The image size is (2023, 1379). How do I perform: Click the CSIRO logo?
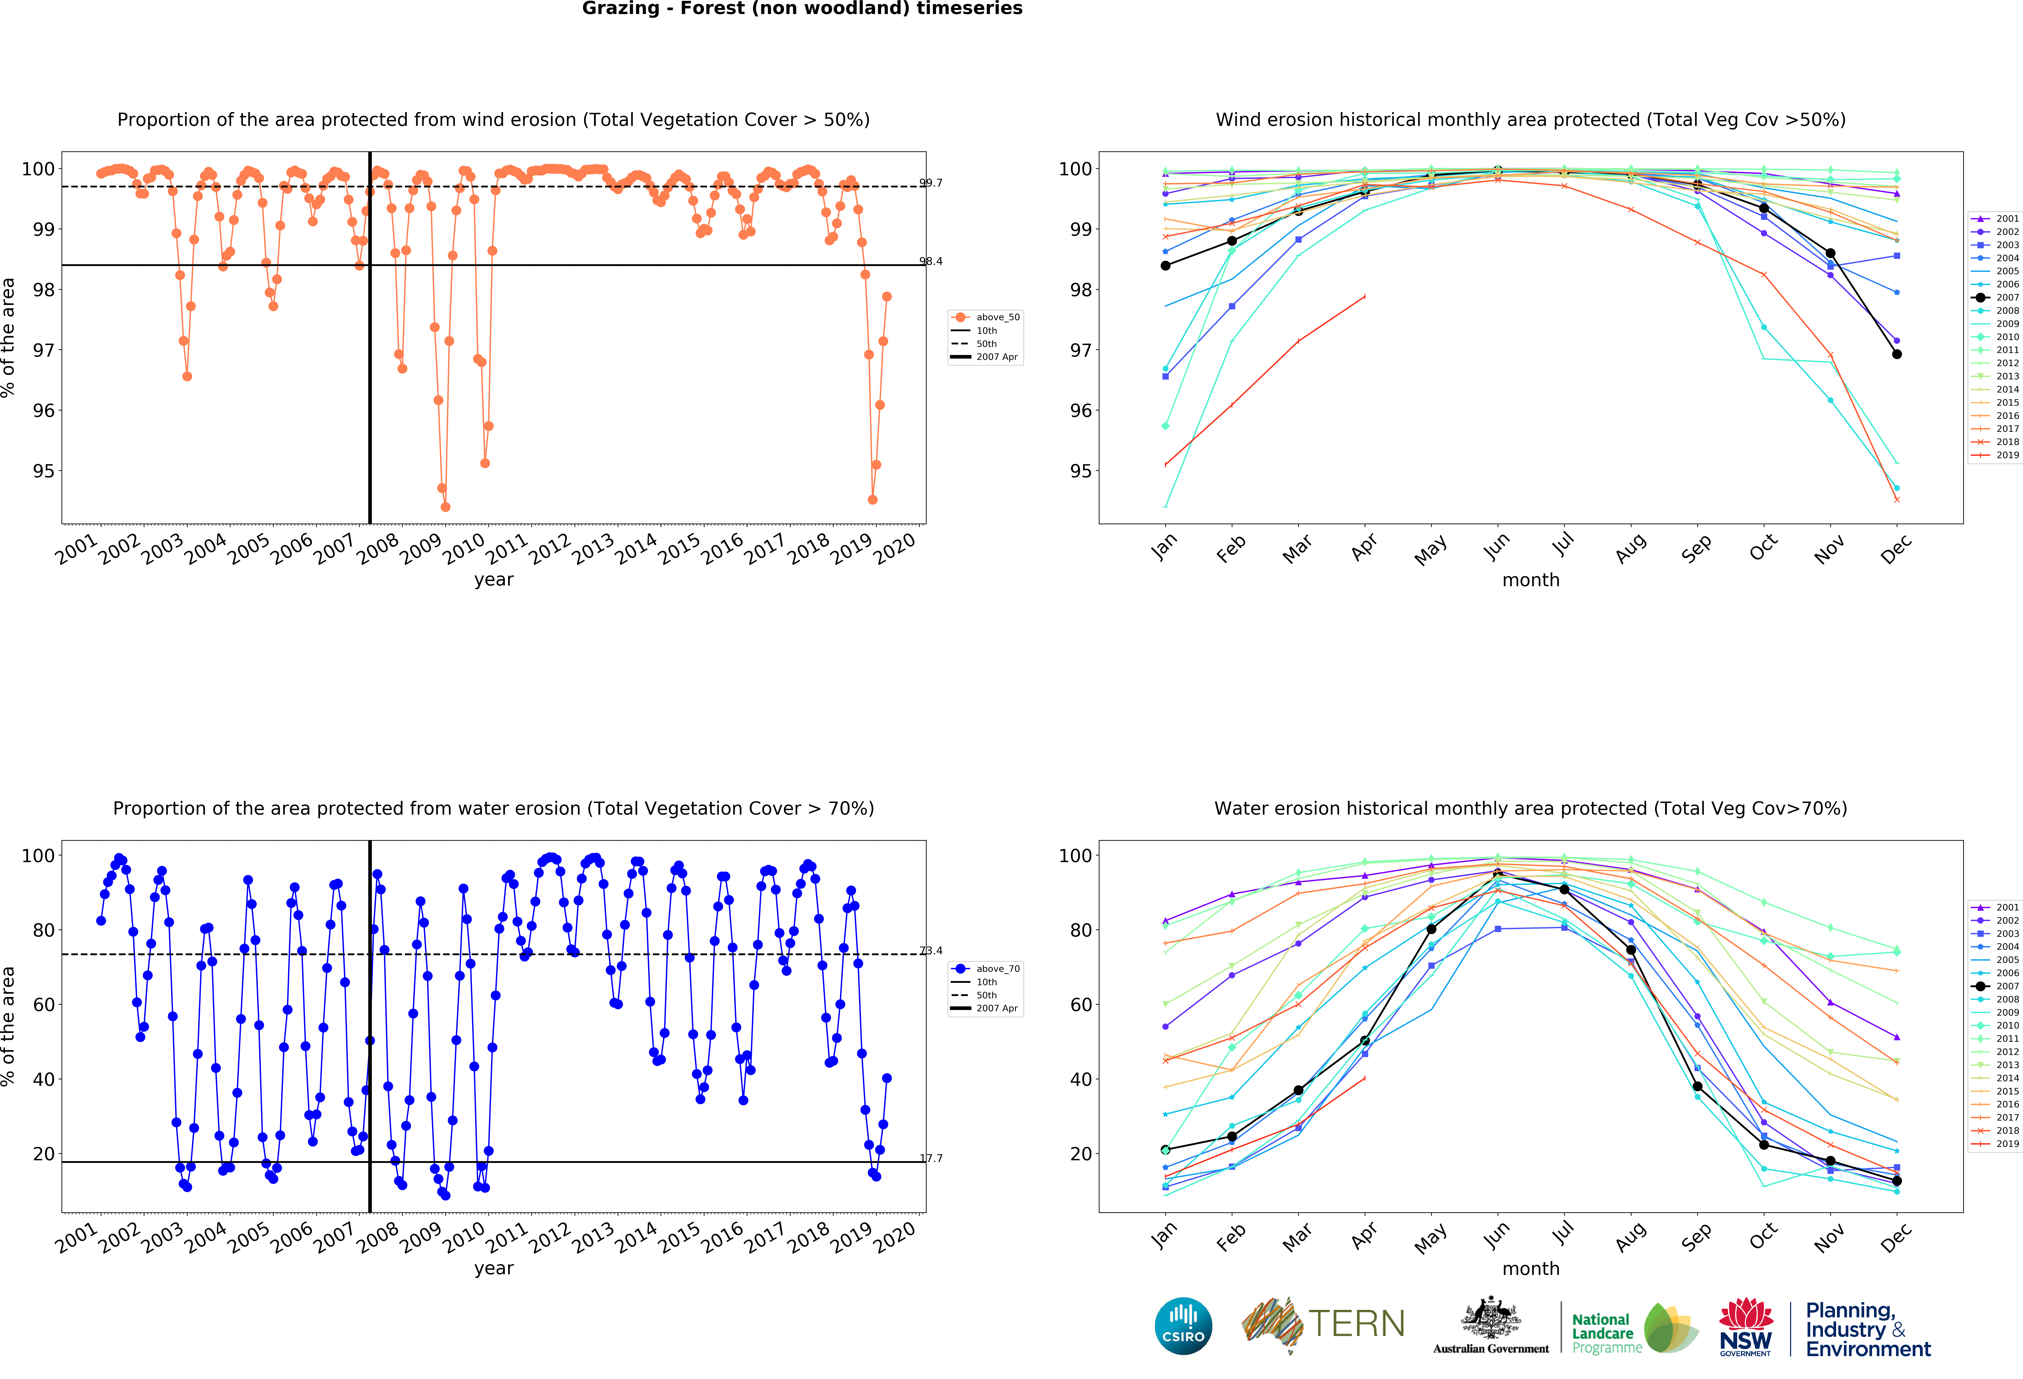[x=1183, y=1326]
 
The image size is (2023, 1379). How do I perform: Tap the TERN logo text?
[x=1356, y=1324]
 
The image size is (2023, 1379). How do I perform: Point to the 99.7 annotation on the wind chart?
[x=930, y=183]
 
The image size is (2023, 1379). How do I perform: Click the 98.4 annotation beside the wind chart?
[x=930, y=261]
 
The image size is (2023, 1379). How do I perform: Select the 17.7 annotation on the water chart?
[x=930, y=1158]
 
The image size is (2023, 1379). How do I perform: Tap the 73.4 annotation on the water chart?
[x=930, y=951]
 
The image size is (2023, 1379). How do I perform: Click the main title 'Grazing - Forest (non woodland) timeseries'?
[x=802, y=9]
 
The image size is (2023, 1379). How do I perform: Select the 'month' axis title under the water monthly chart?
[x=1530, y=1268]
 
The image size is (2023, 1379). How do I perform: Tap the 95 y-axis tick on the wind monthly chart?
[x=1079, y=471]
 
